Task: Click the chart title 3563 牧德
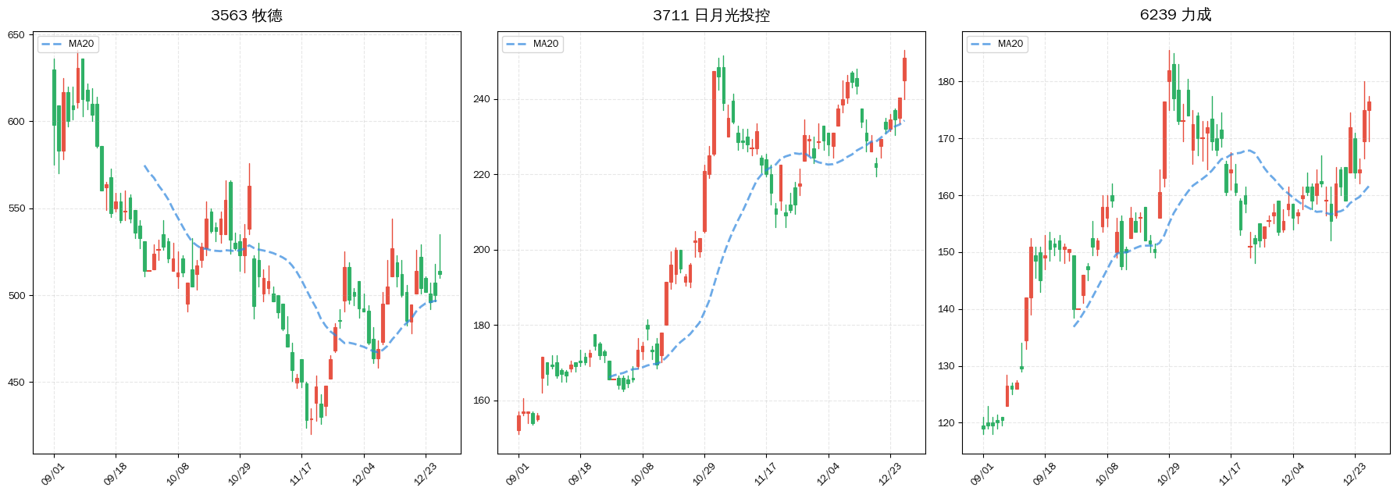pos(246,16)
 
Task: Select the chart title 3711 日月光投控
pos(711,16)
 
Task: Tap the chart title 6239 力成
pos(1175,15)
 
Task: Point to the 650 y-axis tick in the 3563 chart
pos(16,35)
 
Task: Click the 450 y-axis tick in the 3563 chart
pos(16,383)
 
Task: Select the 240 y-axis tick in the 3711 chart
pos(481,99)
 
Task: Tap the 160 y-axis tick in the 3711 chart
pos(481,401)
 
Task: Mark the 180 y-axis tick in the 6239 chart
pos(946,81)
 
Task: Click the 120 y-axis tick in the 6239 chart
pos(946,423)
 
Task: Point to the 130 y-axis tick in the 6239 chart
pos(946,366)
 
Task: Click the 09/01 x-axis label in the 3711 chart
pos(516,474)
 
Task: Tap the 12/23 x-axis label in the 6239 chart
pos(1353,474)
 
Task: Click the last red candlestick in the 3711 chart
pos(904,69)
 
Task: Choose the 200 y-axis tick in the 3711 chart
pos(481,250)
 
